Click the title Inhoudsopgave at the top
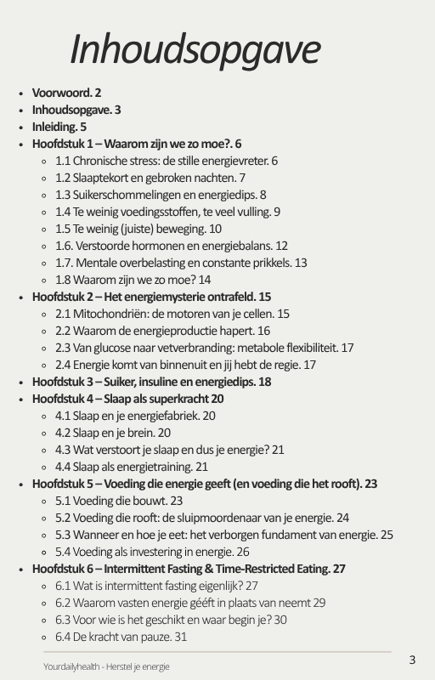pyautogui.click(x=195, y=49)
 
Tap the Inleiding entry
pyautogui.click(x=59, y=127)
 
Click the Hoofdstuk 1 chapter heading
pyautogui.click(x=137, y=144)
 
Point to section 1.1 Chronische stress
pyautogui.click(x=167, y=161)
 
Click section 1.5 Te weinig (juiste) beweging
pyautogui.click(x=138, y=229)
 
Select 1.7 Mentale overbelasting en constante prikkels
pyautogui.click(x=181, y=263)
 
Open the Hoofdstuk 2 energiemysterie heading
pyautogui.click(x=151, y=297)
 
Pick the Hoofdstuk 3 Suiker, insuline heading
pyautogui.click(x=151, y=382)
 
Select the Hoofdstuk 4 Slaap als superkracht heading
pyautogui.click(x=127, y=399)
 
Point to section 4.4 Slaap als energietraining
pyautogui.click(x=132, y=467)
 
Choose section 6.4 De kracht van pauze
pyautogui.click(x=121, y=637)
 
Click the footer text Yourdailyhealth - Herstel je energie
pyautogui.click(x=106, y=666)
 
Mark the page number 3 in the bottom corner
pyautogui.click(x=412, y=660)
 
